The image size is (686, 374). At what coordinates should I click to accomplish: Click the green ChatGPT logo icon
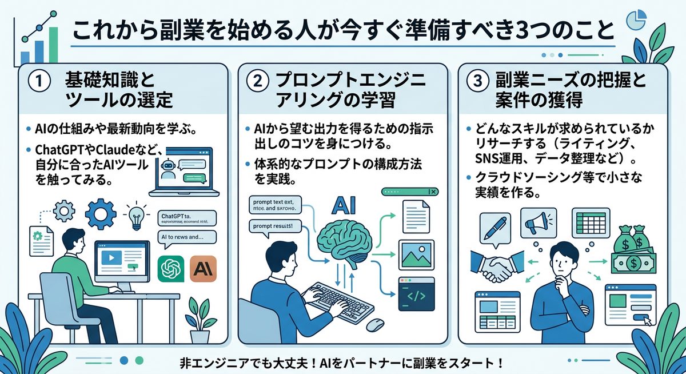[171, 269]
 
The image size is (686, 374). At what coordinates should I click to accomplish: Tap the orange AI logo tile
[204, 269]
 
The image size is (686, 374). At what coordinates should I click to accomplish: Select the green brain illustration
[346, 241]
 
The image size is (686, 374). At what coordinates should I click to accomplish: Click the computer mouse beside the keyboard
[374, 323]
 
